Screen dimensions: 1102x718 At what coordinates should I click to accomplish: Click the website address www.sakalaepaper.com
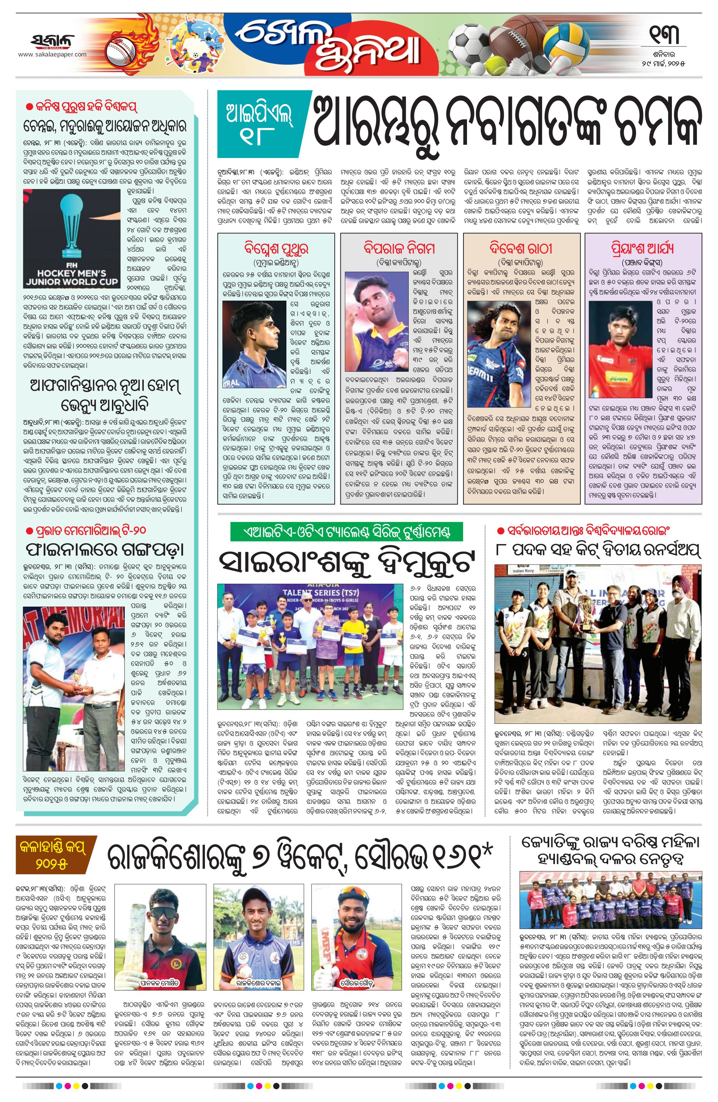click(52, 55)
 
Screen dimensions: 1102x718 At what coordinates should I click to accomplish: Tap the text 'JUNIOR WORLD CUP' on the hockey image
click(72, 282)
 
